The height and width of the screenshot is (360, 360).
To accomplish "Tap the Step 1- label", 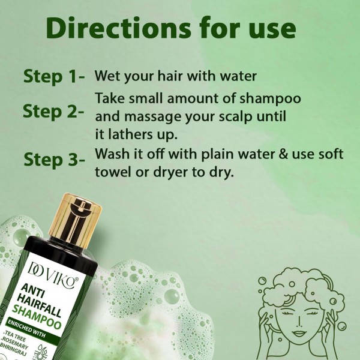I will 56,77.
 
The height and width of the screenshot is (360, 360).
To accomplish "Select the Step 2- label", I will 53,111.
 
